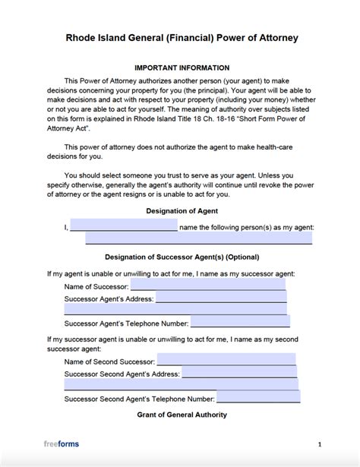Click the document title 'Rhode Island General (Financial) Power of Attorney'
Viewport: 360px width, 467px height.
pyautogui.click(x=180, y=36)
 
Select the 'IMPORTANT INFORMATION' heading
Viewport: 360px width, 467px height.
pyautogui.click(x=180, y=68)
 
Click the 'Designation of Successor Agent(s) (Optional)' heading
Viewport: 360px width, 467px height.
pyautogui.click(x=182, y=256)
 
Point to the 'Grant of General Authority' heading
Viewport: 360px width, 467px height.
pyautogui.click(x=182, y=415)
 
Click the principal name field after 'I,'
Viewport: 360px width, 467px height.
pyautogui.click(x=124, y=226)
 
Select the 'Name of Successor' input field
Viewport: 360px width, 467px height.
pyautogui.click(x=208, y=286)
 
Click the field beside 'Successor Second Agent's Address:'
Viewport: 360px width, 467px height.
pyautogui.click(x=239, y=373)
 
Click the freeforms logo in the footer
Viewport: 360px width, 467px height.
pyautogui.click(x=63, y=444)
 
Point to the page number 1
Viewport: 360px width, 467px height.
pyautogui.click(x=320, y=444)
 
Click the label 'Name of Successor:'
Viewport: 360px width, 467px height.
pyautogui.click(x=96, y=286)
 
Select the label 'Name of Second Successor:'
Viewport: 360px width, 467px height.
pyautogui.click(x=110, y=361)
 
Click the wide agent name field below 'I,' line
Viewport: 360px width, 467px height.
pyautogui.click(x=198, y=238)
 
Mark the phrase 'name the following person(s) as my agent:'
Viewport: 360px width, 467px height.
pyautogui.click(x=247, y=227)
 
